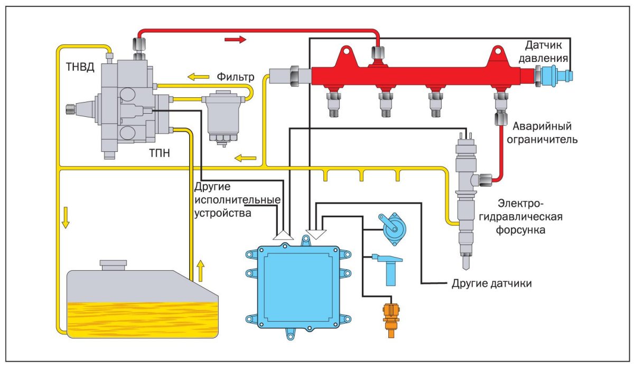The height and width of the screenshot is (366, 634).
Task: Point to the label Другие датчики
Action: pos(491,283)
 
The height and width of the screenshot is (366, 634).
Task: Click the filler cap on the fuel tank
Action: pos(113,264)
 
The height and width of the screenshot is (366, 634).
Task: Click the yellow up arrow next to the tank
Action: pos(200,270)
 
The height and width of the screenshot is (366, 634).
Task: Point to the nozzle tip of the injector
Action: pos(466,263)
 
